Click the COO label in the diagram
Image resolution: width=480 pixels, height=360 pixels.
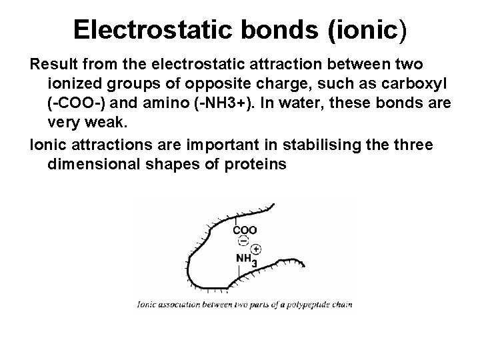click(x=245, y=230)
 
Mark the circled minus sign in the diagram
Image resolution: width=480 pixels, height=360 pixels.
click(x=244, y=241)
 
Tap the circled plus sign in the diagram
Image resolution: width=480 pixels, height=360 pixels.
click(x=257, y=249)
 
